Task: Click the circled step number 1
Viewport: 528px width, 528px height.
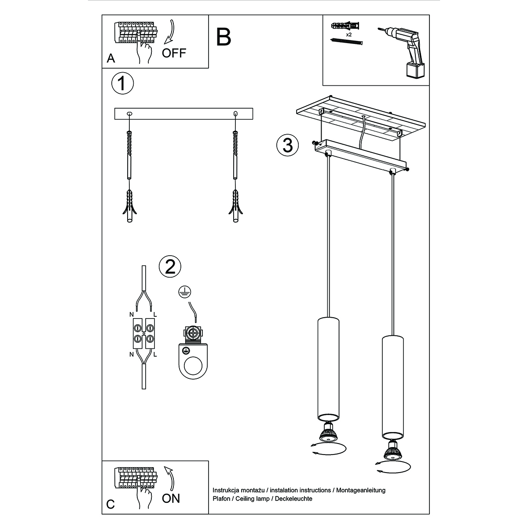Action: tap(122, 83)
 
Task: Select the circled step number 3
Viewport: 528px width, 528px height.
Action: tap(288, 145)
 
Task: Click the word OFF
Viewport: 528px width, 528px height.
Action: tap(174, 53)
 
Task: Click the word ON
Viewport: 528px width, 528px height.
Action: tap(171, 498)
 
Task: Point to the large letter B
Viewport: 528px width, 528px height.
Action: tap(224, 37)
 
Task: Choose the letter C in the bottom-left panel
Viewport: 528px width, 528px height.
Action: tap(110, 504)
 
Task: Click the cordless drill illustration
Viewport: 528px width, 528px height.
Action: tap(404, 51)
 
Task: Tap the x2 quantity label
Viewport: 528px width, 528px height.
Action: tap(348, 34)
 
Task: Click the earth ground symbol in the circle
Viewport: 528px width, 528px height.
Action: tap(184, 291)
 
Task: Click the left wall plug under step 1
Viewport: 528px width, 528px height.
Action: tap(129, 207)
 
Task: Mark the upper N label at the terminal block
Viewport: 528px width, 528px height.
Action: tap(131, 315)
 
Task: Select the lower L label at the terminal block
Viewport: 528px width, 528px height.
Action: tap(155, 353)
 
